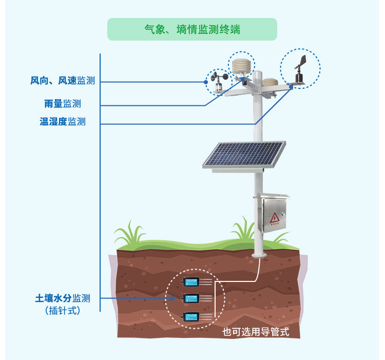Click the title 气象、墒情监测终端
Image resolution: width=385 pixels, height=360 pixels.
tap(192, 30)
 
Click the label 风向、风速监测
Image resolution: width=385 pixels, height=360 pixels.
tap(63, 81)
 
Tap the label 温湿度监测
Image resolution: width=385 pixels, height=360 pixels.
tap(63, 122)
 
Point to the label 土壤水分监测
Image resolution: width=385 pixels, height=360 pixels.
tap(63, 298)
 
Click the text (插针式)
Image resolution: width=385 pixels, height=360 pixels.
tap(63, 310)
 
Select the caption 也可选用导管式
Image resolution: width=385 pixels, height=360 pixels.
tap(256, 332)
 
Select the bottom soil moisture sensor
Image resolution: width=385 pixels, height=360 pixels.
tap(191, 316)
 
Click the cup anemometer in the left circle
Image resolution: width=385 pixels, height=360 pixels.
tap(218, 82)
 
